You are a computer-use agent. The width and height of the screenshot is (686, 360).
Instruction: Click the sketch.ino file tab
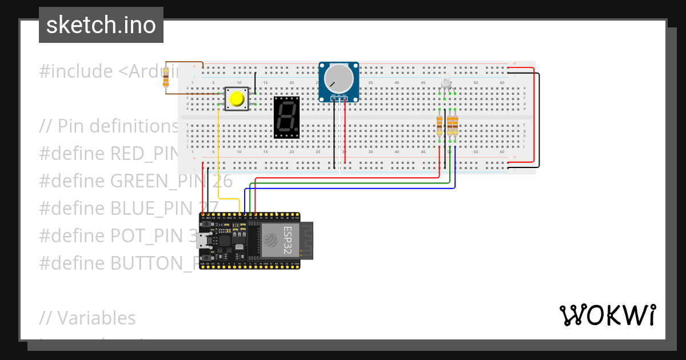(x=101, y=25)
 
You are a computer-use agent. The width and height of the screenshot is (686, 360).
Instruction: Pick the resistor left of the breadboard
(x=166, y=77)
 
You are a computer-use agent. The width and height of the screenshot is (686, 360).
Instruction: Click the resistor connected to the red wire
(x=440, y=125)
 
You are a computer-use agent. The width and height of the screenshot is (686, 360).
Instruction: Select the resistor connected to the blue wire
(x=455, y=125)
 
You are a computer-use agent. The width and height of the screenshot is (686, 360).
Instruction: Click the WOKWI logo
(x=607, y=315)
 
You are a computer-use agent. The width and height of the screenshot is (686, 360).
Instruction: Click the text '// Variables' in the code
(x=87, y=318)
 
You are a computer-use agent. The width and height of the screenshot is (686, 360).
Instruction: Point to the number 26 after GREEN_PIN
(x=222, y=181)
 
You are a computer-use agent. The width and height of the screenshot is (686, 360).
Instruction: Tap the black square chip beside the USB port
(x=225, y=241)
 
